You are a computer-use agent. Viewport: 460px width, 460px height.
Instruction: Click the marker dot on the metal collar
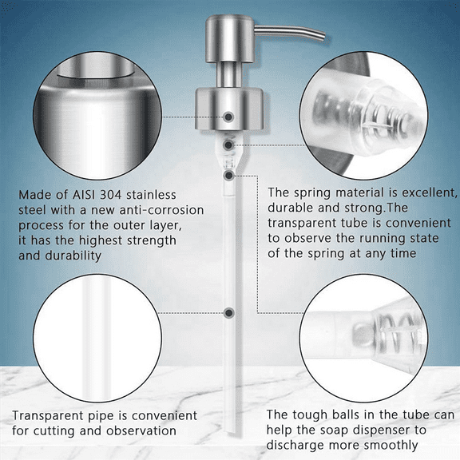click(229, 117)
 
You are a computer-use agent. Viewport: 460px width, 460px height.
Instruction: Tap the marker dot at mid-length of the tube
click(229, 313)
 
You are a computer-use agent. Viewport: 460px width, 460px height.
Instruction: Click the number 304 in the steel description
click(107, 195)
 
